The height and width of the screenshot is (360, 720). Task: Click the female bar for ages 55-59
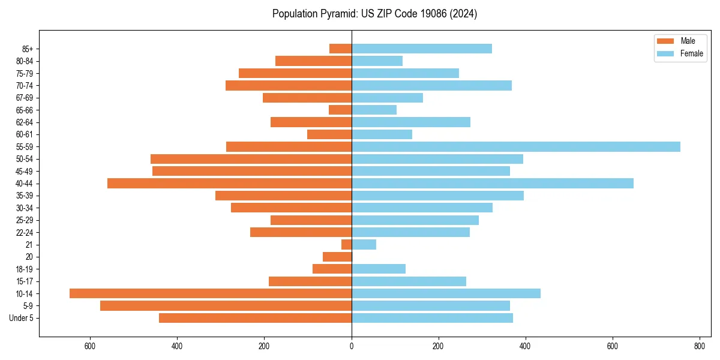pos(516,146)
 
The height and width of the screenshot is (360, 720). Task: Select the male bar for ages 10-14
pos(211,293)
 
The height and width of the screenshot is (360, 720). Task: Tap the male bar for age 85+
pos(340,49)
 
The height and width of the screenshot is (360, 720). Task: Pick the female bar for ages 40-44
pos(493,183)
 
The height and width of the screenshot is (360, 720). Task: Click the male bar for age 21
pos(346,244)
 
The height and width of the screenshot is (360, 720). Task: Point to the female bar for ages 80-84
pos(377,61)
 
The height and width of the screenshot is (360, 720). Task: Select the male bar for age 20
pos(337,257)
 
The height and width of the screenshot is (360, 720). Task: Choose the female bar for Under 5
pos(432,318)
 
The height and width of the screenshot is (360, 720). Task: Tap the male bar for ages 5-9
pos(226,305)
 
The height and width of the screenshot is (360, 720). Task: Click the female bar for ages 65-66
pos(374,110)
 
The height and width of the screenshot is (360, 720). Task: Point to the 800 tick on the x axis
pos(699,346)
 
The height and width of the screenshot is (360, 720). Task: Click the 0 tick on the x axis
pos(352,346)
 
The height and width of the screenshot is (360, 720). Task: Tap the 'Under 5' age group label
pos(22,318)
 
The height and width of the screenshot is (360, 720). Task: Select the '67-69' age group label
pos(25,98)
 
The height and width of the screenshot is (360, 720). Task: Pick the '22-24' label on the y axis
pos(25,232)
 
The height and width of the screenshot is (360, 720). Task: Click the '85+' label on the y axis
pos(28,49)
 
